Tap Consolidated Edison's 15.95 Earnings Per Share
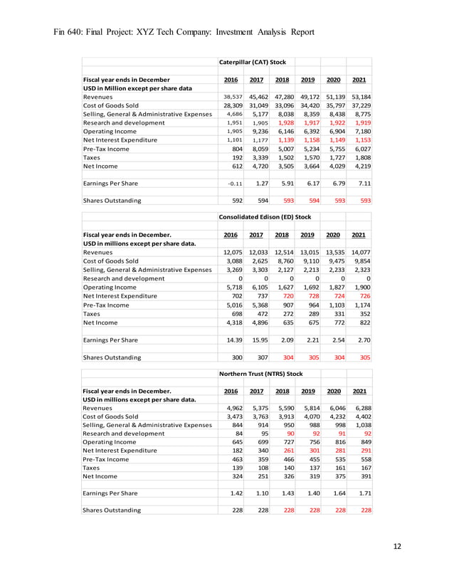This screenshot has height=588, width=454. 260,339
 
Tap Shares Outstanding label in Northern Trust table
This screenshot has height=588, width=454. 112,510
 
